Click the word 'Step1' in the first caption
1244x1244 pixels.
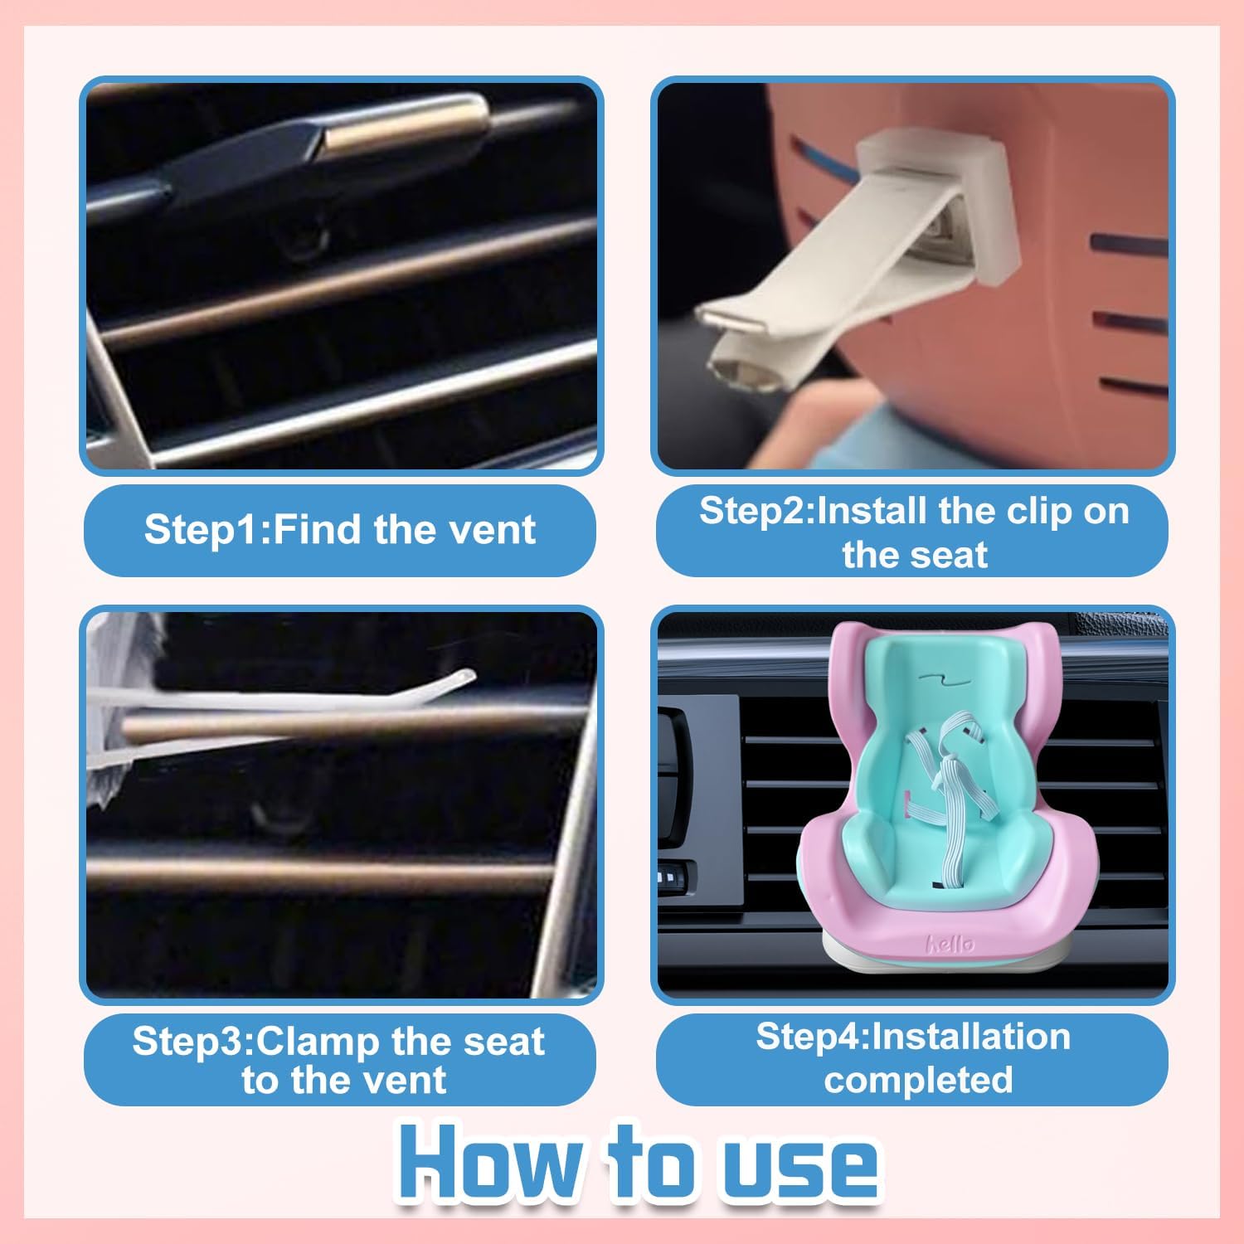[x=203, y=529]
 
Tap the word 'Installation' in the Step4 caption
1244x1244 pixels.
[x=971, y=1037]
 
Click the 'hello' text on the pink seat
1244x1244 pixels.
[x=950, y=944]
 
